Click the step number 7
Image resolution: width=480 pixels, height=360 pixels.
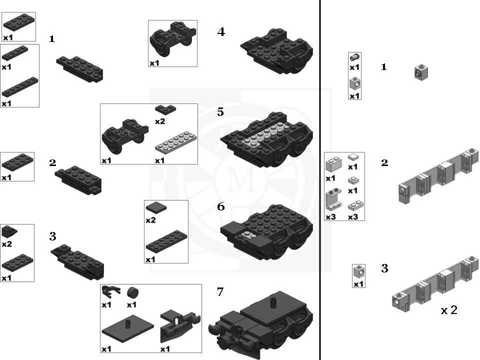tap(220, 292)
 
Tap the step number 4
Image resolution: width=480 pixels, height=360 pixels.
tap(221, 32)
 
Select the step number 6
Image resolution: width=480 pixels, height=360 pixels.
tap(220, 206)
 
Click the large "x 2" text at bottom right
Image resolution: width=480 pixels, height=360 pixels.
tap(449, 310)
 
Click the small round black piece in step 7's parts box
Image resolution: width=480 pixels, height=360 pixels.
tap(132, 292)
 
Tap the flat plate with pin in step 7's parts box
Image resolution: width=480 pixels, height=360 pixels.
tap(128, 330)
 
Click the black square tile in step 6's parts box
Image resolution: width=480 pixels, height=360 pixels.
tap(156, 207)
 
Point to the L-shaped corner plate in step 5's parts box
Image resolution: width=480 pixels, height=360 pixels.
tap(165, 109)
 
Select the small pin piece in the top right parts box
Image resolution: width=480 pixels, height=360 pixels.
tap(354, 56)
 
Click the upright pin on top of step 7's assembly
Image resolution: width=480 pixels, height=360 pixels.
tap(273, 302)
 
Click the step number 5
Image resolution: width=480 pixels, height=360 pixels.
tap(220, 112)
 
